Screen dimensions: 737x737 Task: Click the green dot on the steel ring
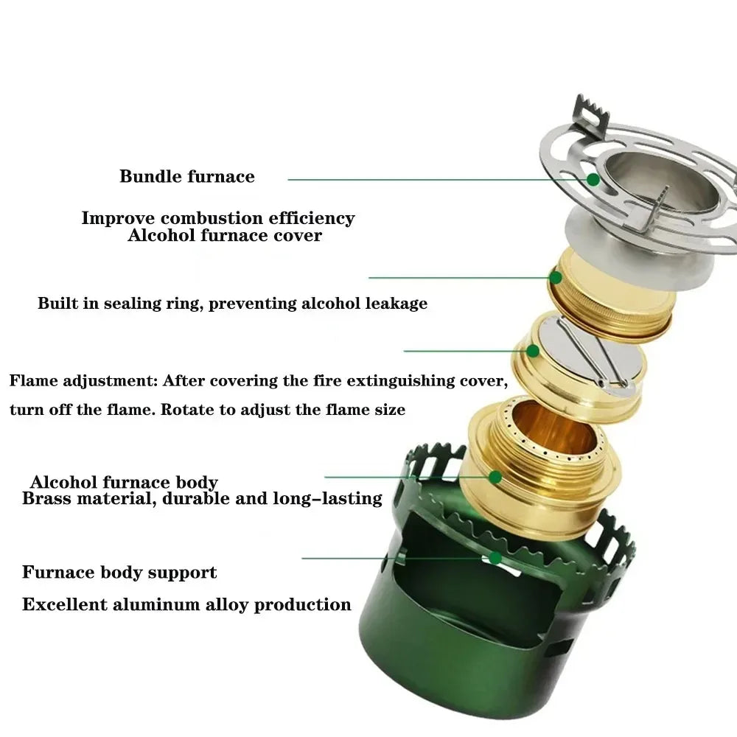pyautogui.click(x=593, y=179)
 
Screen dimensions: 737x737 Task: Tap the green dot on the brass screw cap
pyautogui.click(x=556, y=278)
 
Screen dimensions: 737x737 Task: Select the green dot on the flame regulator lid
pyautogui.click(x=532, y=351)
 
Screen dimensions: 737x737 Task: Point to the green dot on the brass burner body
pyautogui.click(x=495, y=478)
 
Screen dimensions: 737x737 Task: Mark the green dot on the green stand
pyautogui.click(x=496, y=558)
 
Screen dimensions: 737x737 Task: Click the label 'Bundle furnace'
pyautogui.click(x=187, y=177)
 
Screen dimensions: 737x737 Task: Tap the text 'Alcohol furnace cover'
pyautogui.click(x=225, y=236)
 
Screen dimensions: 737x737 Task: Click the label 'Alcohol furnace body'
pyautogui.click(x=124, y=483)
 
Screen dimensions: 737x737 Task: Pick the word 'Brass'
pyautogui.click(x=47, y=499)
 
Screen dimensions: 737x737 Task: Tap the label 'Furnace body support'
pyautogui.click(x=119, y=573)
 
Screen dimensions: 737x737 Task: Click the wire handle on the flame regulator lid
pyautogui.click(x=590, y=354)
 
